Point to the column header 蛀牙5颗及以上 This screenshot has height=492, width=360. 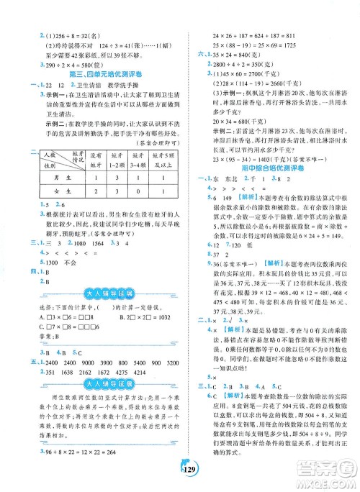tap(163, 176)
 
